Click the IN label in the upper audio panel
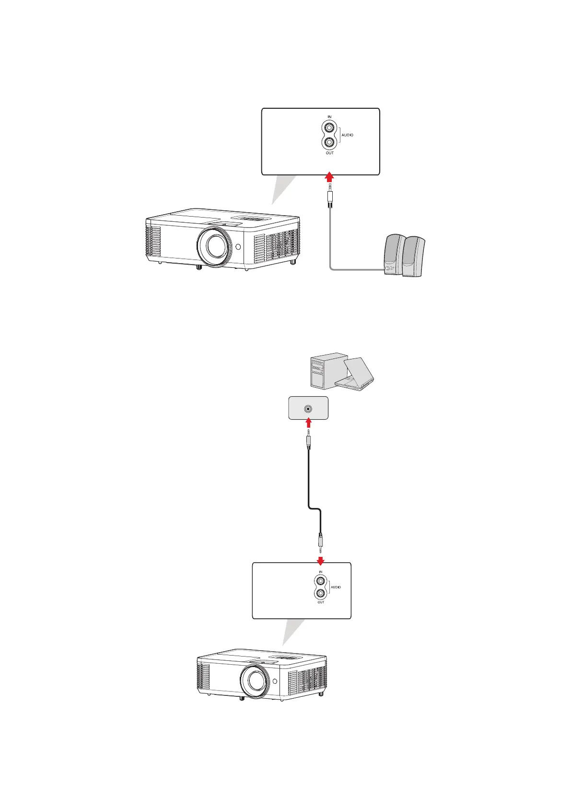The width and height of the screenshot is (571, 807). click(x=329, y=117)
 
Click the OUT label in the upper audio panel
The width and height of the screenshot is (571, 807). click(x=329, y=153)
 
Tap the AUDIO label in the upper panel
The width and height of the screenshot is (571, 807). click(x=347, y=135)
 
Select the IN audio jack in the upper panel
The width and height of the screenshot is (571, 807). click(x=329, y=128)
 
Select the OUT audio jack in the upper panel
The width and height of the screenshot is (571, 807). click(x=329, y=142)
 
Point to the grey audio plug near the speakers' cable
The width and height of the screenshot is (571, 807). click(x=330, y=196)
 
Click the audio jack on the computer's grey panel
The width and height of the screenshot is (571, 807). click(x=308, y=409)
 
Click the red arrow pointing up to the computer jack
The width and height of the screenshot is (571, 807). click(x=308, y=423)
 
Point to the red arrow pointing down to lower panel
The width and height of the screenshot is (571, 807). click(x=320, y=560)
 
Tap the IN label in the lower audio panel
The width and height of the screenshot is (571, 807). click(x=321, y=572)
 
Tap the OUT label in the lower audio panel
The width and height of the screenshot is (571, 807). click(x=321, y=602)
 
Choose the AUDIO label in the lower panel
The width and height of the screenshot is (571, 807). click(x=336, y=587)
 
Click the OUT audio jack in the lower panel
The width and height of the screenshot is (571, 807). click(x=321, y=594)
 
